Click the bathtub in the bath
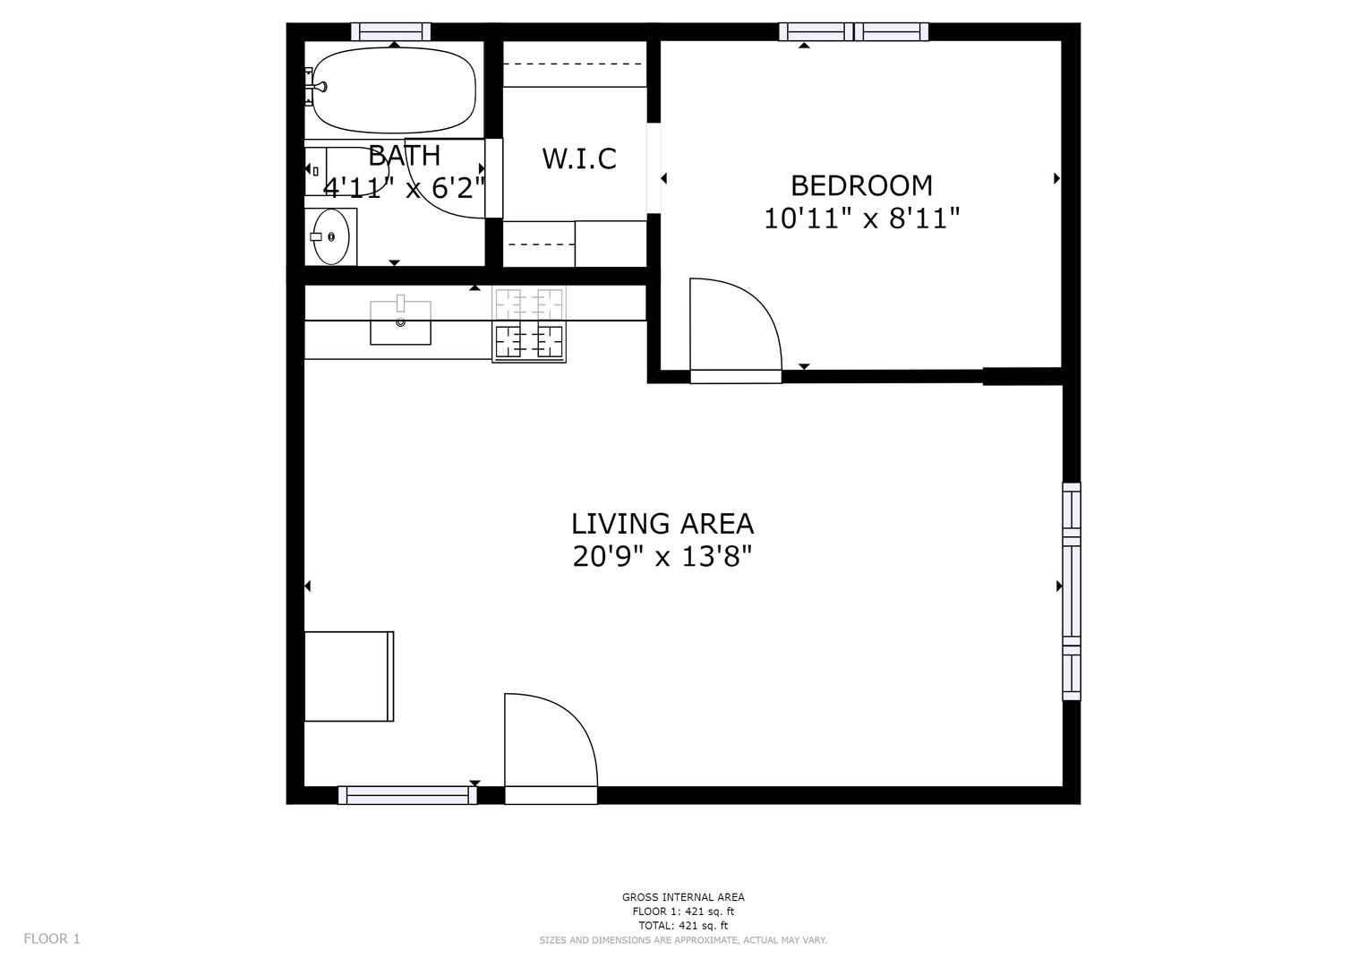[x=394, y=90]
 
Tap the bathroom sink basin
[x=330, y=237]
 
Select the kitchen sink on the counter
[x=400, y=322]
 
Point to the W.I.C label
[x=579, y=158]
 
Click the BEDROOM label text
[x=862, y=185]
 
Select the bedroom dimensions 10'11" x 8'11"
[x=862, y=218]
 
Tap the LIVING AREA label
[x=662, y=524]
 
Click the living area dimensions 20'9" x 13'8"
[x=662, y=556]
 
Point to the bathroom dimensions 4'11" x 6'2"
[x=404, y=187]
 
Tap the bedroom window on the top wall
[x=853, y=31]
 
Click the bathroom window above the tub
[x=390, y=31]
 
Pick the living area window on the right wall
[x=1072, y=592]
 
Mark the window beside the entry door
[x=407, y=795]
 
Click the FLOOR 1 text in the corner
[x=52, y=939]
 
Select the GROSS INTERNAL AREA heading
[x=683, y=897]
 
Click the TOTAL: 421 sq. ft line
[x=683, y=926]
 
